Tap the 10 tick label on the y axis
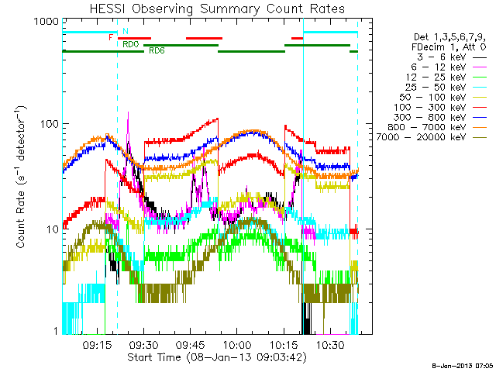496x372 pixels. click(51, 229)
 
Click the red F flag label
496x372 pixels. click(112, 36)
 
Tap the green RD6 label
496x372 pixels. click(156, 50)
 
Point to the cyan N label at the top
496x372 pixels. click(126, 31)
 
